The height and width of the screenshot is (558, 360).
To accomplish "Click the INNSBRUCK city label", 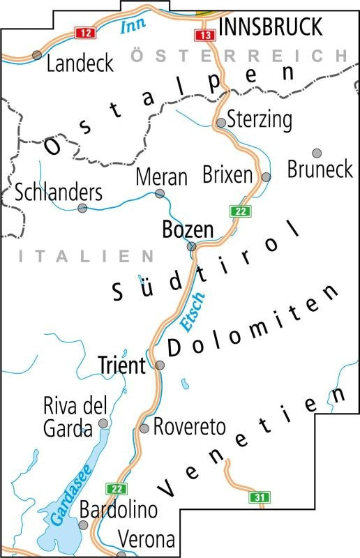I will click(x=271, y=27).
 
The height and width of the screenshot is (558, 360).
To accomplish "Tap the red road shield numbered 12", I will click(x=84, y=33).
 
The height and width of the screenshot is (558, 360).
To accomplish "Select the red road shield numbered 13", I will click(x=203, y=35).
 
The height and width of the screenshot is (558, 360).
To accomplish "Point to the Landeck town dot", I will click(x=37, y=54).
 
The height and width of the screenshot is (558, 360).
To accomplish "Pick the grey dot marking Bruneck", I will click(x=316, y=153).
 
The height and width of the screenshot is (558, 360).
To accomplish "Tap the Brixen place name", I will click(x=227, y=174).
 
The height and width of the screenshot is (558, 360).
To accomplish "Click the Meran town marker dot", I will click(x=160, y=193).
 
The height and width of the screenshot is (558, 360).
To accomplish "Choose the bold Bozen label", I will click(x=188, y=229).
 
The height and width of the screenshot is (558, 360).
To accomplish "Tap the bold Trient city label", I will click(x=121, y=364).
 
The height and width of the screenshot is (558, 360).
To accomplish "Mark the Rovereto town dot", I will click(x=145, y=429).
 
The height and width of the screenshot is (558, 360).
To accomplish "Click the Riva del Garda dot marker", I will click(x=103, y=423).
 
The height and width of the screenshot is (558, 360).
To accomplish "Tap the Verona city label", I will click(x=147, y=539).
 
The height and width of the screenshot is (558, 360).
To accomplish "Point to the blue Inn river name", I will click(x=130, y=27).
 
